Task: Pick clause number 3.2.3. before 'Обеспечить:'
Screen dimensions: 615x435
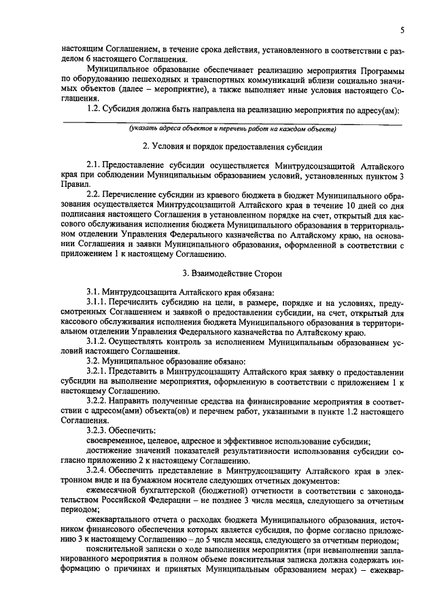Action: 99,431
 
